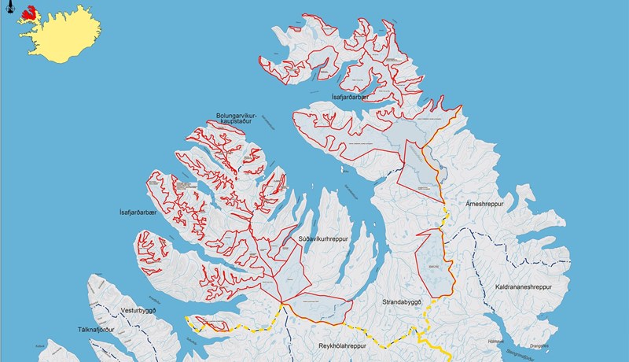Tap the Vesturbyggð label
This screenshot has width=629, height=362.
tap(128, 311)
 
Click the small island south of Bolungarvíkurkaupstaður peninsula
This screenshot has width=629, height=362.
tap(344, 169)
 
